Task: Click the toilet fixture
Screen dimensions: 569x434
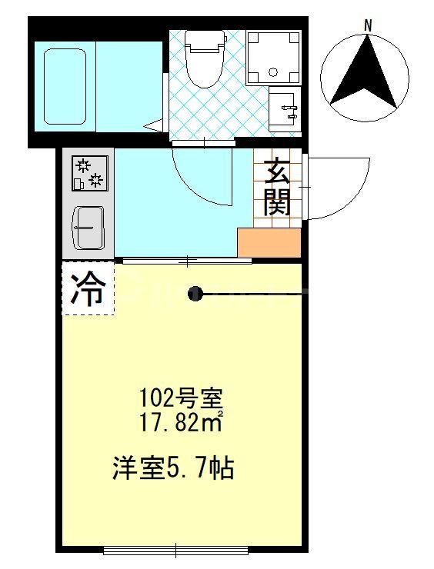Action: pyautogui.click(x=205, y=58)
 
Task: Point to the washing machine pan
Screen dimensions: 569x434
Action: pyautogui.click(x=273, y=56)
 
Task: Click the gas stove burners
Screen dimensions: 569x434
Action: pyautogui.click(x=88, y=172)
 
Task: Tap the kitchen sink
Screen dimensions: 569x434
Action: pyautogui.click(x=88, y=228)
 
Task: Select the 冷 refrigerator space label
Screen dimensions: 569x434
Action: pyautogui.click(x=88, y=290)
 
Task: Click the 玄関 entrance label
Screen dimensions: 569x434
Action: pyautogui.click(x=277, y=188)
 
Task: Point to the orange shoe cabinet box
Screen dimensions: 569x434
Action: pyautogui.click(x=269, y=243)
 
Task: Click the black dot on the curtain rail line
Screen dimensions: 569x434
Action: pyautogui.click(x=196, y=293)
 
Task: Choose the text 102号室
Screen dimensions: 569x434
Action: pyautogui.click(x=181, y=399)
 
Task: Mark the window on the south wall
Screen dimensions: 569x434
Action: pyautogui.click(x=176, y=549)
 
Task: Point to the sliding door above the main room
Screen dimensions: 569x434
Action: pyautogui.click(x=187, y=261)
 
